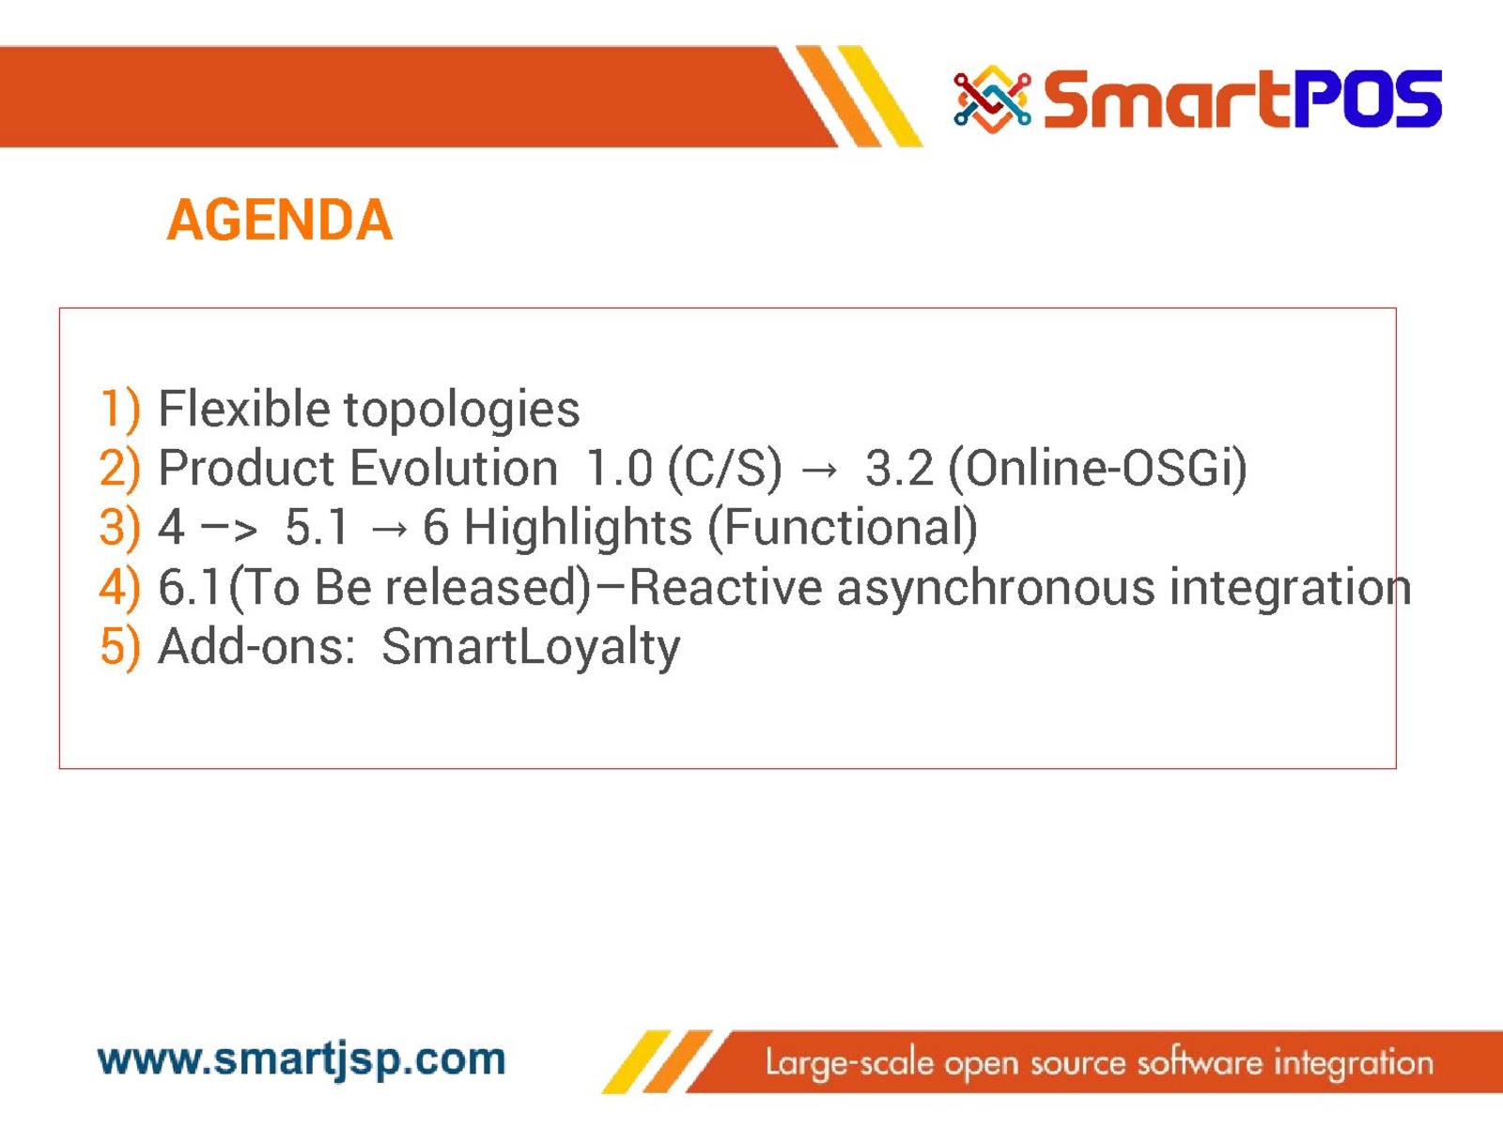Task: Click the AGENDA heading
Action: pyautogui.click(x=279, y=221)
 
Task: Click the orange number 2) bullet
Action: pyautogui.click(x=120, y=469)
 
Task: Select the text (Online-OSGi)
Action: pyautogui.click(x=1097, y=470)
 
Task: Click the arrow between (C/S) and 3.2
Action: pyautogui.click(x=819, y=471)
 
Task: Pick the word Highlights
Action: pyautogui.click(x=578, y=529)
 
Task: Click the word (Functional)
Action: pyautogui.click(x=843, y=529)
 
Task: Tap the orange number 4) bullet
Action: pyautogui.click(x=120, y=588)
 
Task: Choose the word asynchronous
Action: pyautogui.click(x=996, y=590)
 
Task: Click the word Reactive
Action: pyautogui.click(x=725, y=588)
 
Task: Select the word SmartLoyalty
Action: pyautogui.click(x=531, y=648)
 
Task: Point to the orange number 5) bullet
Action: pyautogui.click(x=120, y=647)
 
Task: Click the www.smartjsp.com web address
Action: pyautogui.click(x=302, y=1061)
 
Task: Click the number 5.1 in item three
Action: pyautogui.click(x=317, y=528)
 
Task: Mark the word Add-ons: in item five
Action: pyautogui.click(x=256, y=647)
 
